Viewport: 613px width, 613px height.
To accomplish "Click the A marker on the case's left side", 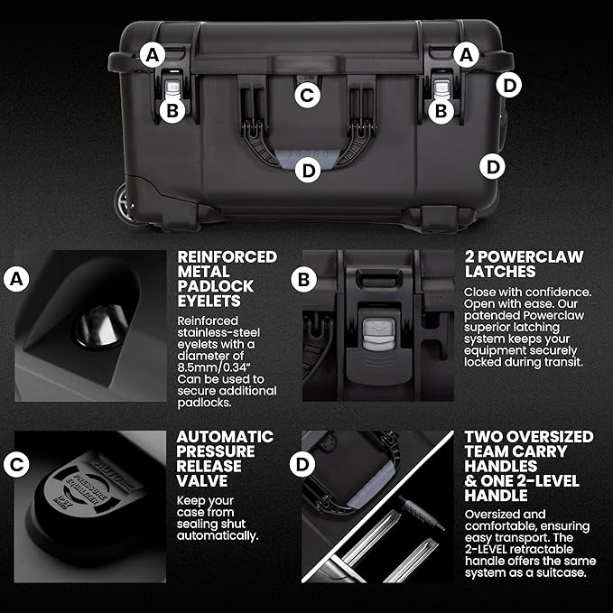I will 153,55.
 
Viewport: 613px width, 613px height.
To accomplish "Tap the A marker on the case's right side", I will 466,55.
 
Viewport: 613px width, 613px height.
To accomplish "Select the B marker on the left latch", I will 171,110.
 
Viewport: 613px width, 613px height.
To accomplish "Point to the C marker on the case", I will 308,94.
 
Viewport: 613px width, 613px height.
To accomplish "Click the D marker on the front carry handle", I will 308,169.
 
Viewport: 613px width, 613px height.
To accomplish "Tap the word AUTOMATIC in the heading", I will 226,437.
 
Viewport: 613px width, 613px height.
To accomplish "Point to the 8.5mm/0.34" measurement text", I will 221,367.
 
